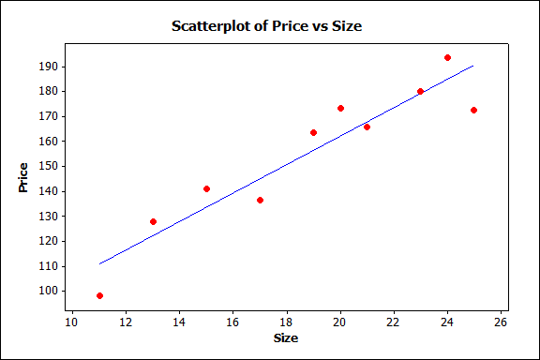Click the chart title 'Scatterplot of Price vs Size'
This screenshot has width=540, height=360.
266,26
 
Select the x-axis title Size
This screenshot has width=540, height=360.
286,337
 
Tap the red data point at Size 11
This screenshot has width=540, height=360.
99,295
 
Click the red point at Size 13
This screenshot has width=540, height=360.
153,221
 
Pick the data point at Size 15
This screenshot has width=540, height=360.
206,188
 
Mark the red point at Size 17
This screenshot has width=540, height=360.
260,200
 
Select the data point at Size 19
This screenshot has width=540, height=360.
313,132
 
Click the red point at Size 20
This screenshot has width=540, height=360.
340,108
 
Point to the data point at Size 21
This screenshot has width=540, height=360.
367,127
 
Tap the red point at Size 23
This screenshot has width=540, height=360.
420,91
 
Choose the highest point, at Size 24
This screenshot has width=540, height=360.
447,57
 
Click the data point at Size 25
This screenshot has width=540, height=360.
473,110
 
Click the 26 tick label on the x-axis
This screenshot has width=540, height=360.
501,323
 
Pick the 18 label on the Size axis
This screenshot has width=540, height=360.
287,323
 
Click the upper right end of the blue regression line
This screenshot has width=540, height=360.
473,66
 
